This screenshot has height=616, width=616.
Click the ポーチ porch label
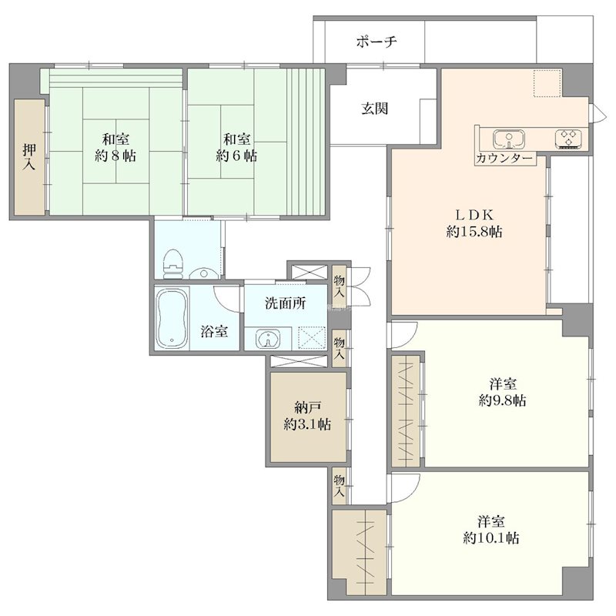tap(377, 42)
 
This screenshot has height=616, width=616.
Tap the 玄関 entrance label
tap(375, 109)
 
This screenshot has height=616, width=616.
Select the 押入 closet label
tap(29, 156)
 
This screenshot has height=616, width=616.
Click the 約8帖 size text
tap(115, 156)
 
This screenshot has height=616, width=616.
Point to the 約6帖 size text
tap(236, 156)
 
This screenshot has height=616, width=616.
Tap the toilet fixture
tap(173, 263)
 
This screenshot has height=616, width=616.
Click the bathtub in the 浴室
tap(172, 318)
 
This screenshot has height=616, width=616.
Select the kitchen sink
tap(509, 139)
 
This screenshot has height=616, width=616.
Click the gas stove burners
tap(568, 139)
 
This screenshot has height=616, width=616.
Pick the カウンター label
tap(504, 159)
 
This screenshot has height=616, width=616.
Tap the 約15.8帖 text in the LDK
tap(474, 232)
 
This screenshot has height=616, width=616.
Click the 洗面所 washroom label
tap(285, 303)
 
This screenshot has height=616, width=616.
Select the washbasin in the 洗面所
tap(268, 339)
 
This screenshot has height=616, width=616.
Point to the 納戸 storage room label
tap(308, 408)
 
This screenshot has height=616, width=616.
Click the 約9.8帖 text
tap(503, 400)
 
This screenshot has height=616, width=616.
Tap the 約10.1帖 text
tap(491, 537)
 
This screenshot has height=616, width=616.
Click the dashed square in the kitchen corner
tap(547, 83)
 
